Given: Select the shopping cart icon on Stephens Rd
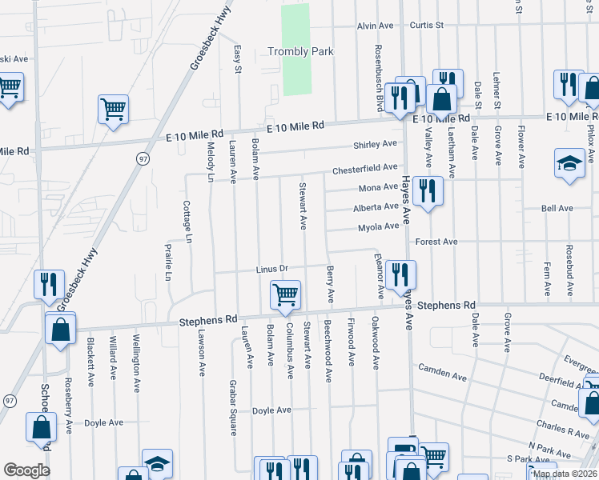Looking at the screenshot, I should [x=286, y=296].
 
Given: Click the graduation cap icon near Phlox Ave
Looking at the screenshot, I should [x=569, y=164].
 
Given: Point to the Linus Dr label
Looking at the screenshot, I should [x=271, y=269].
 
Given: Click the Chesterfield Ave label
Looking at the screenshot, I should [x=365, y=168].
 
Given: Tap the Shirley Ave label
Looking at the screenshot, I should [x=376, y=145].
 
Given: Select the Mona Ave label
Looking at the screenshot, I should [x=378, y=188].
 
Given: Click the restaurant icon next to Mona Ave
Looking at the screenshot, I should [x=428, y=191].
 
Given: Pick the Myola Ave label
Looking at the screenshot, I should [x=378, y=227].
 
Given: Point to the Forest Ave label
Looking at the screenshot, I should [x=436, y=242].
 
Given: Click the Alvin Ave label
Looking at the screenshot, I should [x=376, y=26].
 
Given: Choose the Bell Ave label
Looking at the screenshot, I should [x=557, y=209].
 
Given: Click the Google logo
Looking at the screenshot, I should [x=26, y=470].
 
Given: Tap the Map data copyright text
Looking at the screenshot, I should [x=565, y=474].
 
